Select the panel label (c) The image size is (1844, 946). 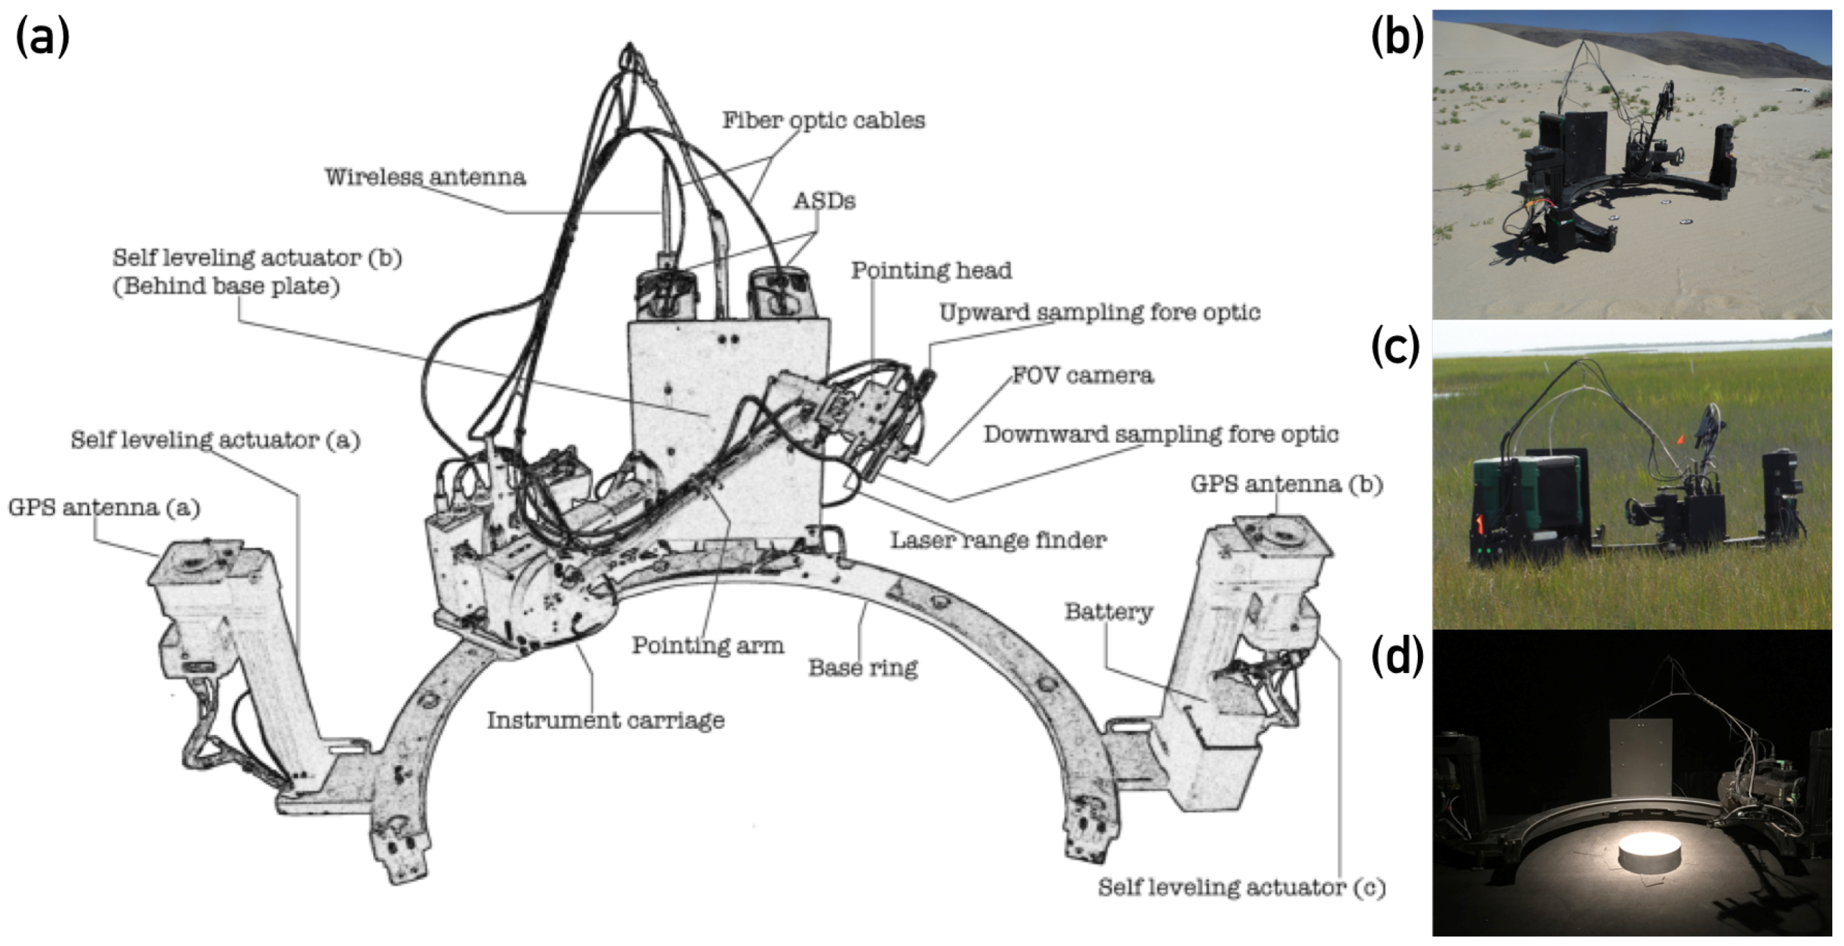tap(1395, 348)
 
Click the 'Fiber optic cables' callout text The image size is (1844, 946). tap(824, 120)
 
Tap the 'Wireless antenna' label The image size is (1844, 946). tap(425, 177)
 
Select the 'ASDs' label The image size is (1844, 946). tap(824, 201)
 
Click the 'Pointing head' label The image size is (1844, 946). tap(931, 271)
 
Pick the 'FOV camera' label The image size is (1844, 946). tap(1082, 375)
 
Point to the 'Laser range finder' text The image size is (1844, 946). tap(998, 539)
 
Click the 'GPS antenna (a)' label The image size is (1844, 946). tap(104, 507)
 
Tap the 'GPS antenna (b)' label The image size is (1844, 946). tap(1286, 484)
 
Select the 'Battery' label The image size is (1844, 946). tap(1108, 612)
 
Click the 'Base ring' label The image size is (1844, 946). tap(862, 668)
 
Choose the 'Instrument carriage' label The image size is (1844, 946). tap(606, 720)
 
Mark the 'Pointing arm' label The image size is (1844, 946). tap(707, 645)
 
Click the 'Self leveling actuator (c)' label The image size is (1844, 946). tap(1241, 888)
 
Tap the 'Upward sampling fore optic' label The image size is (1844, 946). tap(1100, 313)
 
